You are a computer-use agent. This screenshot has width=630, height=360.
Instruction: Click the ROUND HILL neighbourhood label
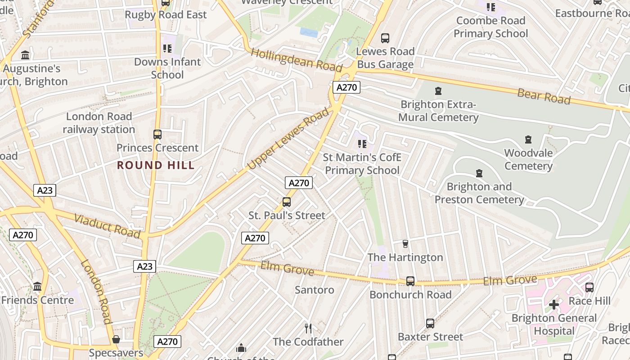point(156,165)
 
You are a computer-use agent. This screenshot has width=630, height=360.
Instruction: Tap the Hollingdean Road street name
point(297,59)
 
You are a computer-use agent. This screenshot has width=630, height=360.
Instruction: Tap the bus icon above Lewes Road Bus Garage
point(385,38)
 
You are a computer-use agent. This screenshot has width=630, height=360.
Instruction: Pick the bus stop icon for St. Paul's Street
point(287,202)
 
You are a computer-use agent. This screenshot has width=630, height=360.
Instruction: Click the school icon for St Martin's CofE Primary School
point(362,144)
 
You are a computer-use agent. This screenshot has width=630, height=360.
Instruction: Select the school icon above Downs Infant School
point(167,48)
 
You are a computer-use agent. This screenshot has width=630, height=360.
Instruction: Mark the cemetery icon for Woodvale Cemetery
point(528,139)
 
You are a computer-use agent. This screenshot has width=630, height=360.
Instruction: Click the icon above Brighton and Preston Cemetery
point(479,173)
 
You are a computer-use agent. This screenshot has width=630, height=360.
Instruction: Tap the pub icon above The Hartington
point(405,244)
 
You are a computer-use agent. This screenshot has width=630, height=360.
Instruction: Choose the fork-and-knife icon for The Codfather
point(308,328)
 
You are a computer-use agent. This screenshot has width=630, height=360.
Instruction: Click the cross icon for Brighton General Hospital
point(554,305)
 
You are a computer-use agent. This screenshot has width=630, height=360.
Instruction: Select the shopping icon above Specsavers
point(116,339)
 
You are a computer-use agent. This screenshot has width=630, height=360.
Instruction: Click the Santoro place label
point(314,290)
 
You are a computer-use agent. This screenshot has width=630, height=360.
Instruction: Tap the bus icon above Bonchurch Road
point(410,281)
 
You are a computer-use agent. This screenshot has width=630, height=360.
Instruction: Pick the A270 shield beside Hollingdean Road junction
point(346,87)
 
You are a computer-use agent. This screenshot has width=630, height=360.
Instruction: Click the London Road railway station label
point(99,123)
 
